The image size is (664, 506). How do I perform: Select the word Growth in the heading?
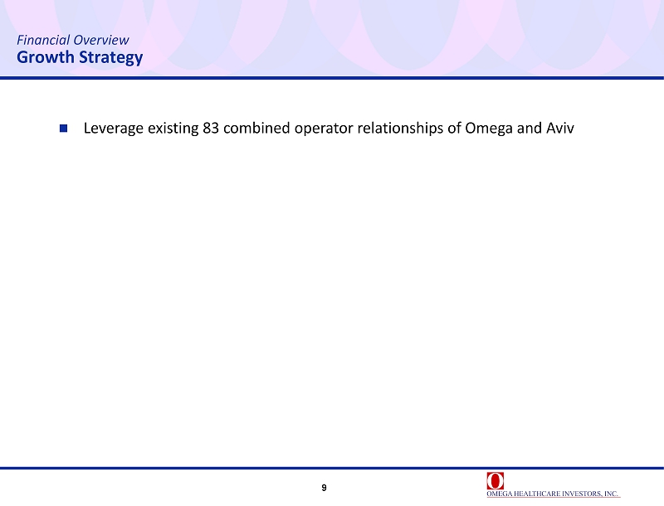[46, 56]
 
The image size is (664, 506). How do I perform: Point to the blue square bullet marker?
[64, 128]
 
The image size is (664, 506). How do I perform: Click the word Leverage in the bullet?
[114, 129]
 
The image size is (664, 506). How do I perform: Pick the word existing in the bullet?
[173, 129]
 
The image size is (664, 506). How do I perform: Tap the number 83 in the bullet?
[211, 128]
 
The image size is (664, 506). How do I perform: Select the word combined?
[256, 128]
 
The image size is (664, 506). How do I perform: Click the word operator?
[324, 129]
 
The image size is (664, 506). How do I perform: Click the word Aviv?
[559, 128]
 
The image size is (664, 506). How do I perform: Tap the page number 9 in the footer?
[324, 488]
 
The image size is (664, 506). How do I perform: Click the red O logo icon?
[495, 480]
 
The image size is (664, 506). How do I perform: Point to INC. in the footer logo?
[612, 494]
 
